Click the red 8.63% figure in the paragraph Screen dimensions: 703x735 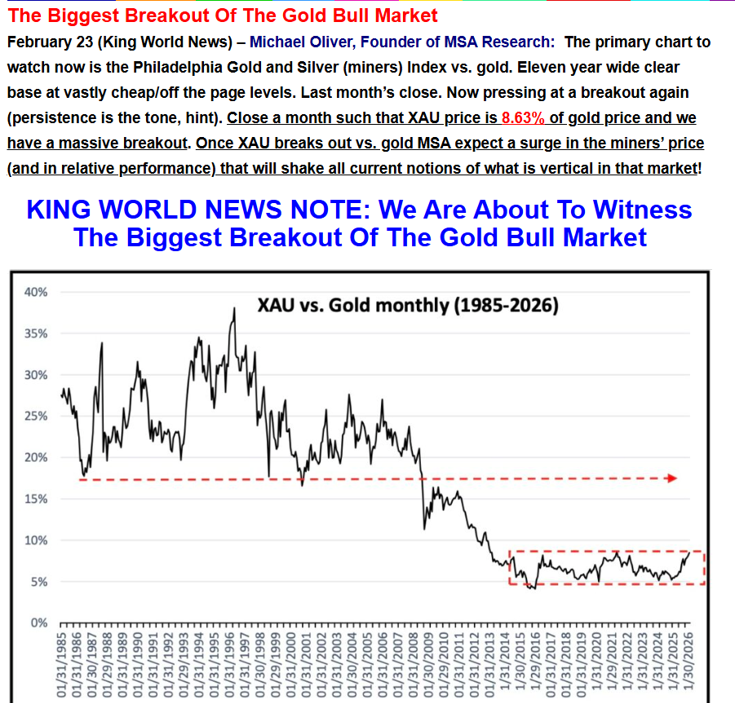click(523, 117)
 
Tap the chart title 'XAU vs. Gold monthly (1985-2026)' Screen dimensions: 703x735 click(408, 306)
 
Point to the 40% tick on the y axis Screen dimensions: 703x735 click(38, 292)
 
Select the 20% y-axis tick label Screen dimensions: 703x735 click(38, 458)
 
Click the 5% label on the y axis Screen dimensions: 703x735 click(40, 581)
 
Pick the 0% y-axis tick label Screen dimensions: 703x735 click(40, 623)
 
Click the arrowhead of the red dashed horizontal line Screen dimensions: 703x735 click(672, 479)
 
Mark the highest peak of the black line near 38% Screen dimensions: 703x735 click(234, 308)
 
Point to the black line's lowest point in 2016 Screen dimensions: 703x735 click(534, 588)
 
